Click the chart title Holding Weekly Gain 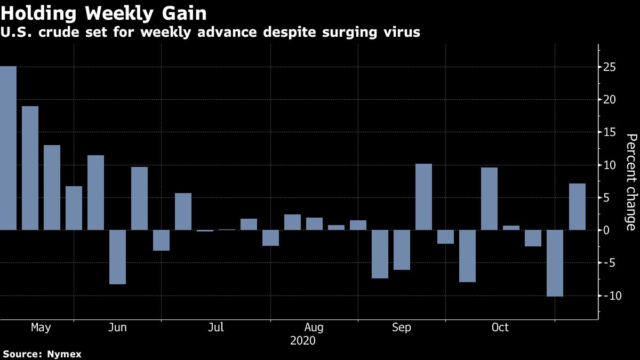pyautogui.click(x=103, y=12)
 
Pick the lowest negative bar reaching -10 pyautogui.click(x=555, y=263)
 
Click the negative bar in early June pyautogui.click(x=117, y=257)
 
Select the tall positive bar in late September pyautogui.click(x=423, y=197)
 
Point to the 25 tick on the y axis pyautogui.click(x=610, y=67)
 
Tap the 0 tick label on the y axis pyautogui.click(x=606, y=230)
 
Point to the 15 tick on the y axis pyautogui.click(x=610, y=132)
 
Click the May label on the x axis pyautogui.click(x=41, y=327)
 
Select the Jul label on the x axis pyautogui.click(x=215, y=327)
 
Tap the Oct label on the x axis pyautogui.click(x=500, y=327)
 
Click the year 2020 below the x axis pyautogui.click(x=302, y=340)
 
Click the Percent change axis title pyautogui.click(x=630, y=182)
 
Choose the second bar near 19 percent pyautogui.click(x=30, y=168)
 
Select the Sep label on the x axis pyautogui.click(x=401, y=327)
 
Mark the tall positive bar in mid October pyautogui.click(x=489, y=198)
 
